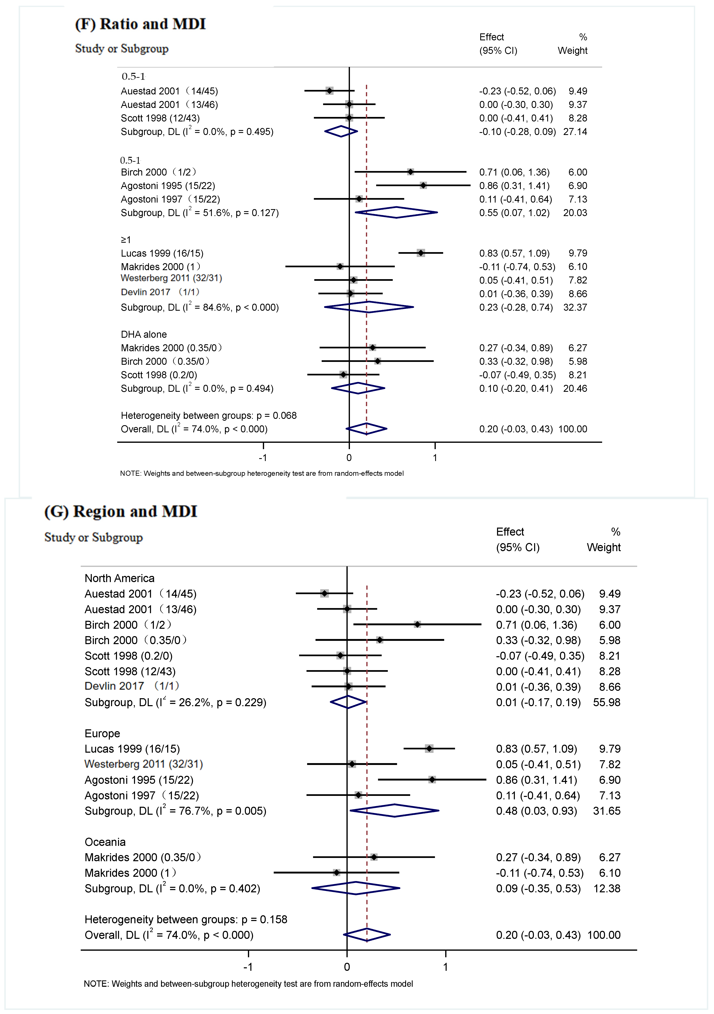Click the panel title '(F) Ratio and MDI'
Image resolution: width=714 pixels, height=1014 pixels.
141,24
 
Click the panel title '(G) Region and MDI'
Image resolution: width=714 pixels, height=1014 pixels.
121,511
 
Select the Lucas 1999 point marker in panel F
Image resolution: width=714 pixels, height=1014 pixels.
421,253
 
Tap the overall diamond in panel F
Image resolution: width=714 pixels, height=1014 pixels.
366,429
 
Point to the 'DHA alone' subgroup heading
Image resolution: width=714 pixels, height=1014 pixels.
144,334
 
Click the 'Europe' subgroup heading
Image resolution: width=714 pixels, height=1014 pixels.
102,734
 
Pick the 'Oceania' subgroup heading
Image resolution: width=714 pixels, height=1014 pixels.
105,842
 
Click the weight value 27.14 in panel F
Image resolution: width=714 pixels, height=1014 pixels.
575,132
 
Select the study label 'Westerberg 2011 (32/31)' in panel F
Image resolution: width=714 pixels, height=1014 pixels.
171,278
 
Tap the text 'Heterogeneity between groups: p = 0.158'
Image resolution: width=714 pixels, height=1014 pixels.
186,920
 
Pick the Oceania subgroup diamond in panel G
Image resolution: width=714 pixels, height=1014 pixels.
356,888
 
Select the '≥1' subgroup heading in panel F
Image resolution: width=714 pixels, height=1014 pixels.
126,240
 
